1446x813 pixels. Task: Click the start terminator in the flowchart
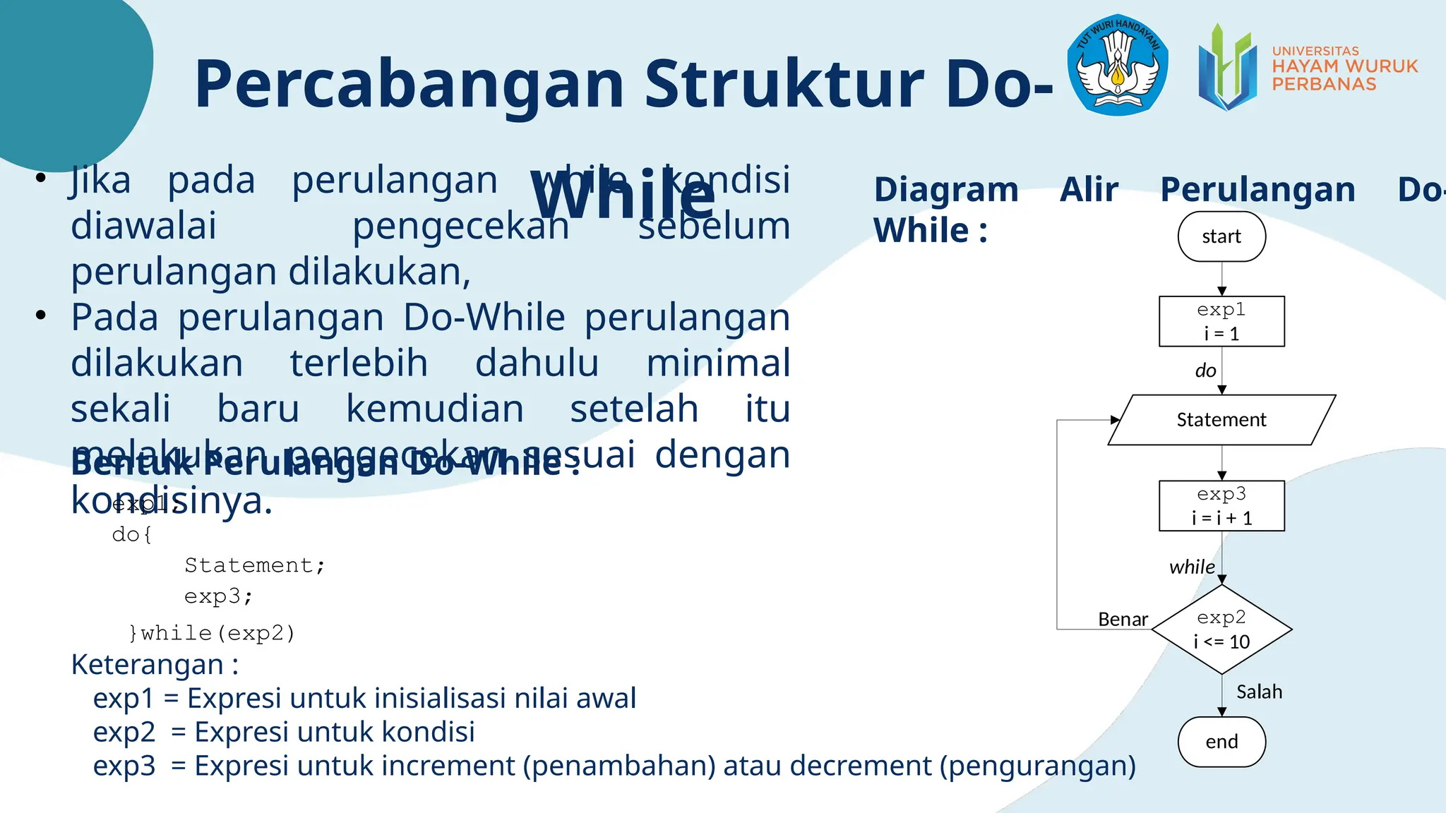tap(1221, 236)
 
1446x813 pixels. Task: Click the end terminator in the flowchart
tap(1221, 742)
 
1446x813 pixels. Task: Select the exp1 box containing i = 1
tap(1221, 322)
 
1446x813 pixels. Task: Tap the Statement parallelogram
tap(1221, 420)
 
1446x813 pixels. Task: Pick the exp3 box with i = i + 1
tap(1221, 506)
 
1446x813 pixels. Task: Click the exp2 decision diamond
tap(1221, 629)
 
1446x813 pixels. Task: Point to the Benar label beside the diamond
tap(1123, 620)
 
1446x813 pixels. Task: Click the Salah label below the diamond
tap(1259, 692)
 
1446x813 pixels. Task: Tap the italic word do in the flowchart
tap(1205, 371)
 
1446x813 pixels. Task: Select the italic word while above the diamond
tap(1192, 567)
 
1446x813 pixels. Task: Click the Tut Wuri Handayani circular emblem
tap(1117, 65)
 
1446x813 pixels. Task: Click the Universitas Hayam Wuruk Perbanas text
tap(1344, 68)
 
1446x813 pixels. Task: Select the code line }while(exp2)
tap(212, 633)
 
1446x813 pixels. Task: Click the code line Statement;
tap(254, 565)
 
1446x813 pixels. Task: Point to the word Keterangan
tap(148, 665)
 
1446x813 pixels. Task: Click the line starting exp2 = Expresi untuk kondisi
tap(284, 732)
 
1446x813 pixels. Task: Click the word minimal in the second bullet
tap(718, 363)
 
